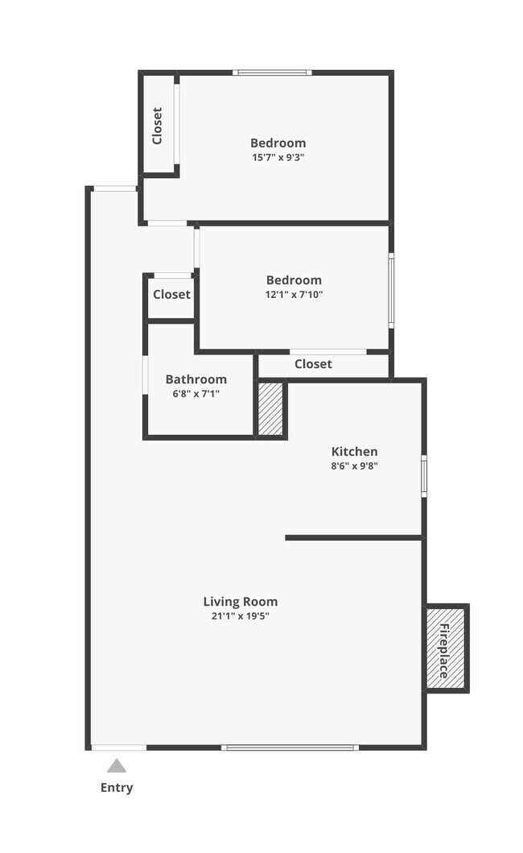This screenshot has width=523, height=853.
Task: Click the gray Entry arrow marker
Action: [x=117, y=766]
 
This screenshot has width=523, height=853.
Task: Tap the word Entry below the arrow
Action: [x=117, y=788]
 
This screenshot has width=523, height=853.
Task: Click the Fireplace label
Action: [x=445, y=648]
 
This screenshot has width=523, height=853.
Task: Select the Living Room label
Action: [x=240, y=602]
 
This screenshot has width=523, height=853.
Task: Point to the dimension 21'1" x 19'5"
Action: [x=240, y=616]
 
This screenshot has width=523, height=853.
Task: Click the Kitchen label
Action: [x=354, y=452]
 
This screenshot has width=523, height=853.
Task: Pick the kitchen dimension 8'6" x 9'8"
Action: [x=354, y=466]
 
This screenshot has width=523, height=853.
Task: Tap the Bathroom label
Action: [x=196, y=379]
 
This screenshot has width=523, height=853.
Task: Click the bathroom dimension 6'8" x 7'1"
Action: [x=196, y=394]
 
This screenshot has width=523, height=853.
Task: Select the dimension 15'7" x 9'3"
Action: [x=278, y=158]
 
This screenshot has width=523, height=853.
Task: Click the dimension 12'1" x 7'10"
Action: [x=294, y=295]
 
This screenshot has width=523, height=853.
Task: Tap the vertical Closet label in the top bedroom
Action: [x=158, y=126]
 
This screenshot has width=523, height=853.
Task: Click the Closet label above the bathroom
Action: [x=171, y=295]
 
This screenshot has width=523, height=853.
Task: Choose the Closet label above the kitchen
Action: [x=313, y=364]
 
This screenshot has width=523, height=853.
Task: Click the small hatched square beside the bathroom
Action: [x=270, y=410]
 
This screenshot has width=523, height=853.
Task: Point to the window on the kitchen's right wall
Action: [x=424, y=474]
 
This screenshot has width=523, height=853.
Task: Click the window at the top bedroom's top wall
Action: [x=273, y=72]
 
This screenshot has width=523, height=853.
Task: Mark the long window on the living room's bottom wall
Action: [x=290, y=747]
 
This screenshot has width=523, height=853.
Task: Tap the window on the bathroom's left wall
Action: [x=145, y=375]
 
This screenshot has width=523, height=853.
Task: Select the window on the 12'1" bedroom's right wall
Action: [x=391, y=291]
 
